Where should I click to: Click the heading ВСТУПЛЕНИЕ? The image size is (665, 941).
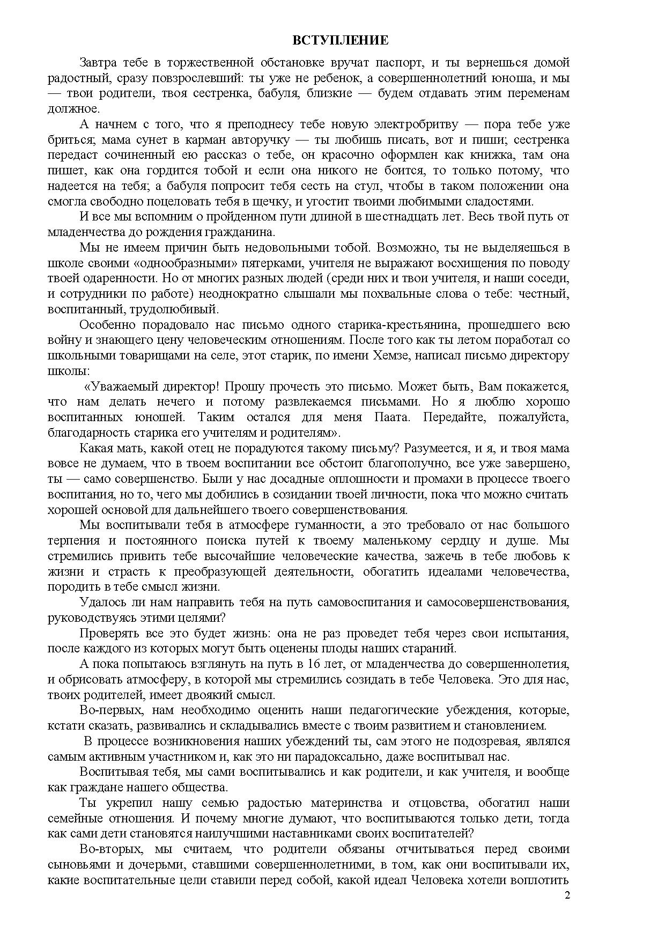340,41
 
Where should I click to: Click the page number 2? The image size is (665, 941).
567,895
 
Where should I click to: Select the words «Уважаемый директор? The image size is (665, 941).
152,386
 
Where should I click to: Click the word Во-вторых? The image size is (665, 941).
112,849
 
